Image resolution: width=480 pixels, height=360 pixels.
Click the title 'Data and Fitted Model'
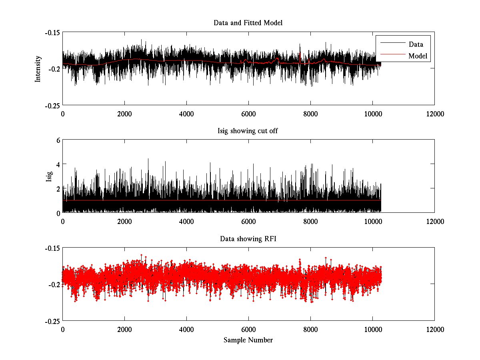click(x=248, y=23)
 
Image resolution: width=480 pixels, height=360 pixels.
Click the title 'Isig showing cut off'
click(x=248, y=131)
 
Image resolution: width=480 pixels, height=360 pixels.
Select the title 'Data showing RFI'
click(x=248, y=239)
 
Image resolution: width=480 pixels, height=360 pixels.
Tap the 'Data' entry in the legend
click(x=416, y=44)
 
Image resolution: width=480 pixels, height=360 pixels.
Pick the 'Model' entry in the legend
click(x=418, y=56)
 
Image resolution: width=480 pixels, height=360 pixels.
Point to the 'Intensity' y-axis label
click(x=38, y=69)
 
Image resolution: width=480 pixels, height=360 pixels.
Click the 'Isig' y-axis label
click(x=49, y=176)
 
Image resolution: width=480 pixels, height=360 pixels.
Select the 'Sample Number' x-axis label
click(x=248, y=340)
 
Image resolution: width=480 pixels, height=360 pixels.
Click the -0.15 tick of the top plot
click(x=52, y=32)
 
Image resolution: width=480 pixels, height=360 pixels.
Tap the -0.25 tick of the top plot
click(x=52, y=105)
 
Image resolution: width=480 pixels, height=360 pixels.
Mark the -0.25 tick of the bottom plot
click(x=52, y=321)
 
